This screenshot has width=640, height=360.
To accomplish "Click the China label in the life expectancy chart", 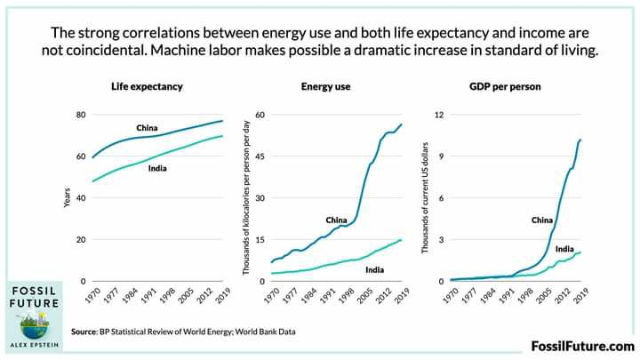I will point(147,128).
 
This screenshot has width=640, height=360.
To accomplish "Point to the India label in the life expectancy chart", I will point(159,168).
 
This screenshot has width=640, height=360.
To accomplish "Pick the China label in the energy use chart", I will point(336,220).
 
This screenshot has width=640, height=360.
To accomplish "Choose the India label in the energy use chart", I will point(375,269).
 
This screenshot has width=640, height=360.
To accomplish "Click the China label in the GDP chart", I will point(542,220).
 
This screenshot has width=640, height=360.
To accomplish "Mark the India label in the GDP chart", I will point(564,249).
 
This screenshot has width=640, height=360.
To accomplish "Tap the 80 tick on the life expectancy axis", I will point(80,116).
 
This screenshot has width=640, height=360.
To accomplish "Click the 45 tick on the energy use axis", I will point(261,157).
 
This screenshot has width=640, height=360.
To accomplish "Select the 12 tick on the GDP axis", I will point(439,116).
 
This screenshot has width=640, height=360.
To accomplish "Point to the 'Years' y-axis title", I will point(67,198).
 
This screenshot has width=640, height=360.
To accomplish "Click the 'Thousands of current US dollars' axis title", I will point(426,198).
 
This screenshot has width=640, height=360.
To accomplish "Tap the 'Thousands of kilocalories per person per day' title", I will point(246,198).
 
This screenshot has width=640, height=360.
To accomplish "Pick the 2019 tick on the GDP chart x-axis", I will point(580,297).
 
